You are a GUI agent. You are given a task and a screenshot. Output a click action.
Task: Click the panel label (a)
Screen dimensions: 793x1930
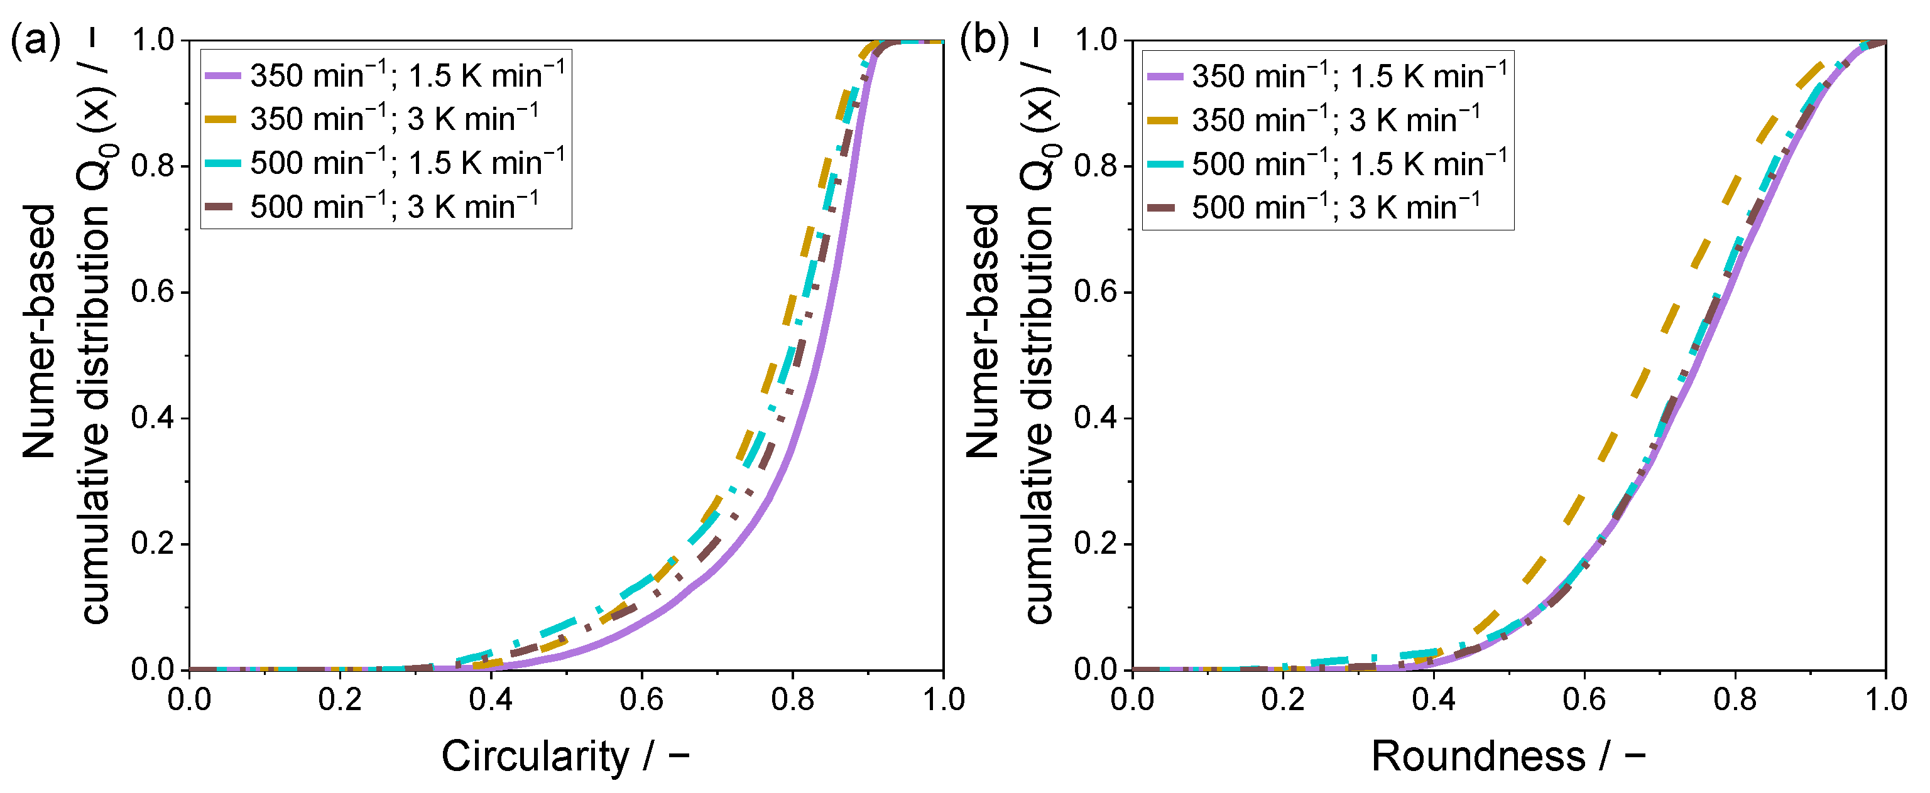35,41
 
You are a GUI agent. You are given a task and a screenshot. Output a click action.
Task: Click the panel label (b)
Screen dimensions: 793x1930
984,41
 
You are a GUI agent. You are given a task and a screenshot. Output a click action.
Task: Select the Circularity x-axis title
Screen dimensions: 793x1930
565,757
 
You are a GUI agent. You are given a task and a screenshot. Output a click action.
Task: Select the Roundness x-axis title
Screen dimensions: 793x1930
1507,757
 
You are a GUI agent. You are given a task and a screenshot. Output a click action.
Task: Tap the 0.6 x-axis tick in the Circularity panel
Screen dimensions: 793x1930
641,700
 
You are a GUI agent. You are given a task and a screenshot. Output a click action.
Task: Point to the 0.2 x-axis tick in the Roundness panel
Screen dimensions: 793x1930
1283,700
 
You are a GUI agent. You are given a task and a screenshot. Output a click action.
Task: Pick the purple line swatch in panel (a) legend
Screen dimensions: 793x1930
222,75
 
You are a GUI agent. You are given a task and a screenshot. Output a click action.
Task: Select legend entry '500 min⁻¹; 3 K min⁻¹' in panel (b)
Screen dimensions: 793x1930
1336,207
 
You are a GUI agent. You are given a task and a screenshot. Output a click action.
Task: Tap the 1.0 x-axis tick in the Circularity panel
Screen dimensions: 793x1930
942,700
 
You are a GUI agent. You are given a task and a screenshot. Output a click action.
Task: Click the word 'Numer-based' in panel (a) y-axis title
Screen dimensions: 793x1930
39,331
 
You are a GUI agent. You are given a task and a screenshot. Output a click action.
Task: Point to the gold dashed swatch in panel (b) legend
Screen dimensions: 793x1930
1164,121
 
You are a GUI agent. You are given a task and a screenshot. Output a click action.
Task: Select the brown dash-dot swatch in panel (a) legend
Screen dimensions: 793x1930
222,207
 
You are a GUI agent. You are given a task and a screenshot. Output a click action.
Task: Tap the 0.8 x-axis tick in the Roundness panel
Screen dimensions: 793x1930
1735,700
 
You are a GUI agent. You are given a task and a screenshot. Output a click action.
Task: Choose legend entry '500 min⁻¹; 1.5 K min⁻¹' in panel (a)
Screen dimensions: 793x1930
408,163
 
